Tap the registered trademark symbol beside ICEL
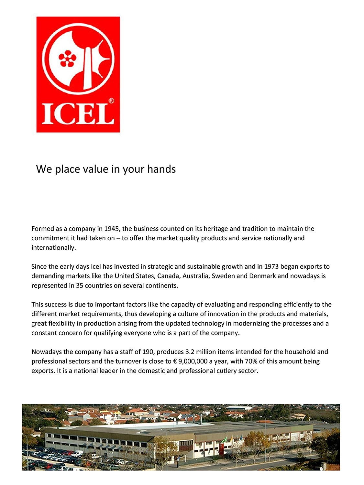click(x=111, y=101)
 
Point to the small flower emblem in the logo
click(x=67, y=59)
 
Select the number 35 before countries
click(x=80, y=286)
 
